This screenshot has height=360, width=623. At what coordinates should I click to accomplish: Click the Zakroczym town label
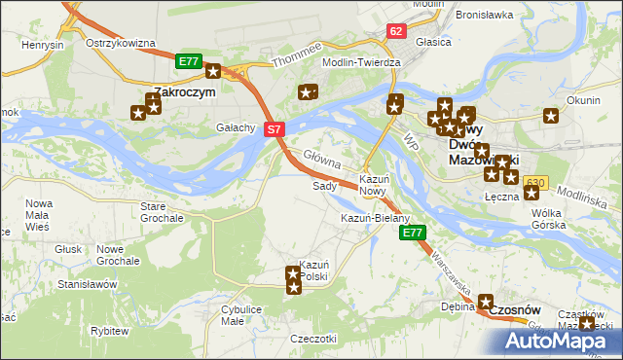pos(179,93)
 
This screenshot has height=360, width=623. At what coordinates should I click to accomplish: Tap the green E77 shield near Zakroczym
pos(189,62)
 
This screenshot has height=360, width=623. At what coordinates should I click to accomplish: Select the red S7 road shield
pos(275,128)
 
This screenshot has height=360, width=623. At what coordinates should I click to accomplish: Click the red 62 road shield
pos(394,31)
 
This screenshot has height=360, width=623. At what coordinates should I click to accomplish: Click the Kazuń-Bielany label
pos(375,218)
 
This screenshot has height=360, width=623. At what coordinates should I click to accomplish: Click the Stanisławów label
pos(88,284)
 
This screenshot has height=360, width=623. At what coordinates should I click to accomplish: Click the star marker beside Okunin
pos(551,116)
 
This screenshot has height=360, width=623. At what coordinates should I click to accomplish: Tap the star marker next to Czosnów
pos(486,303)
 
